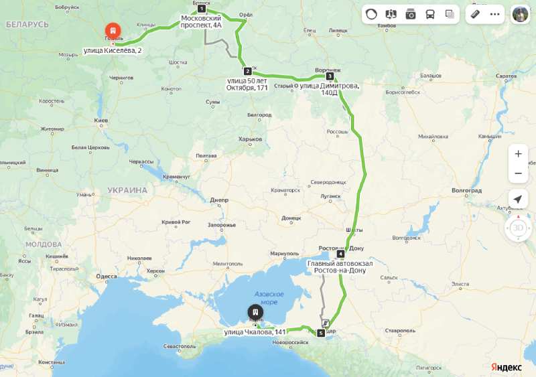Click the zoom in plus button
click(x=518, y=153)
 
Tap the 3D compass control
click(x=518, y=228)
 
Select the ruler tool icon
click(x=475, y=14)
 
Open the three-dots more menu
click(x=495, y=14)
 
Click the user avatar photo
click(x=520, y=14)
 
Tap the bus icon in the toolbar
click(x=430, y=14)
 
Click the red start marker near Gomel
click(x=113, y=31)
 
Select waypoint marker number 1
click(x=201, y=9)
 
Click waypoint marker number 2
click(x=247, y=71)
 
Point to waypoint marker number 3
click(x=330, y=76)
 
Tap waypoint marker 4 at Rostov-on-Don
click(x=340, y=254)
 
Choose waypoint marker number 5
click(x=321, y=333)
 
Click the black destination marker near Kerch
click(x=255, y=312)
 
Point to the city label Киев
click(x=101, y=121)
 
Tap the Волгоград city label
click(x=467, y=191)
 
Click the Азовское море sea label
click(x=269, y=298)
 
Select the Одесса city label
click(x=106, y=276)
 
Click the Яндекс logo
click(x=507, y=367)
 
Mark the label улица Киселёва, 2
click(x=113, y=50)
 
